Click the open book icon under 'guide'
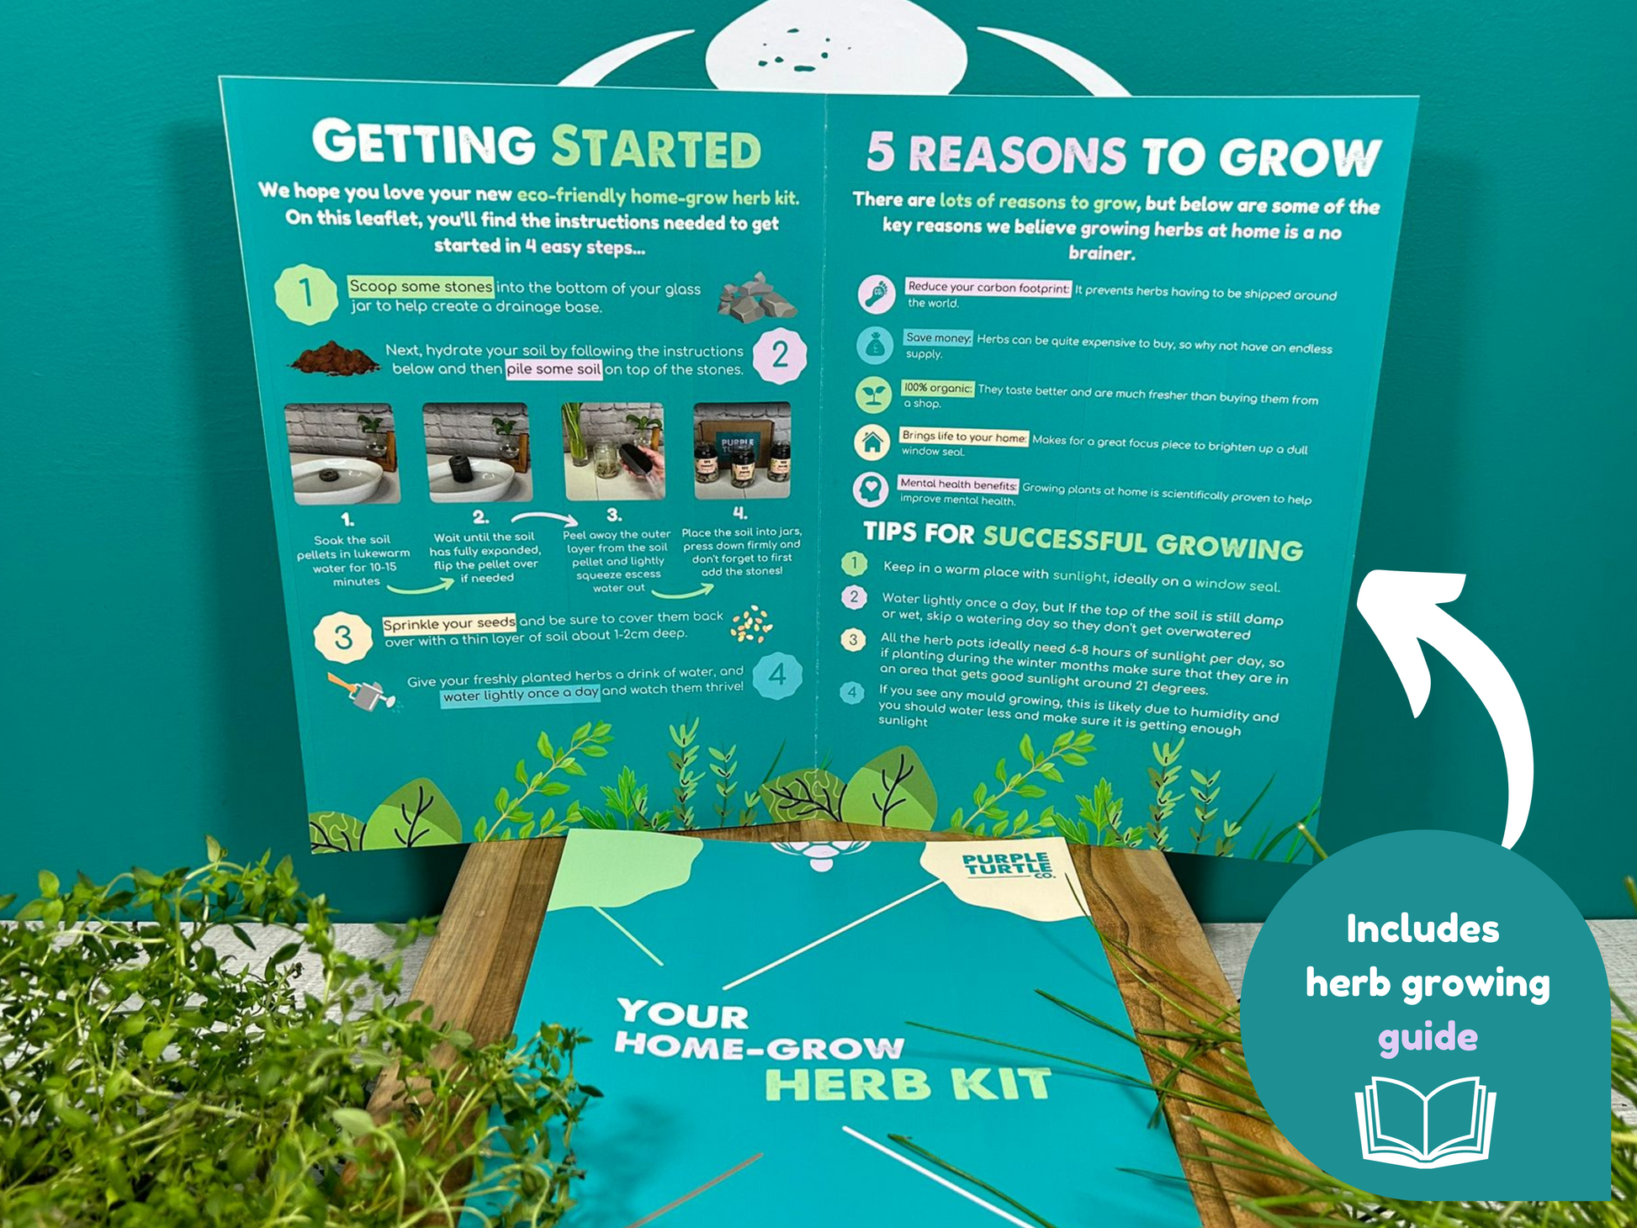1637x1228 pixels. tap(1425, 1122)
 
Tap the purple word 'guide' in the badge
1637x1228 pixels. tap(1428, 1038)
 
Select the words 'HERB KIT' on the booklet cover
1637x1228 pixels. tap(909, 1085)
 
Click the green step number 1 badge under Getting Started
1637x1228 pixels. tap(305, 294)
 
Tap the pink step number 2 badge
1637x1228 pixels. tap(779, 355)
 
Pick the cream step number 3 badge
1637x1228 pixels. tap(342, 638)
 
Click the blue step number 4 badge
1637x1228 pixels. tap(776, 675)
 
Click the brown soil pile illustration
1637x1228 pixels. tap(335, 357)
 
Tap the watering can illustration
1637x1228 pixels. tap(363, 691)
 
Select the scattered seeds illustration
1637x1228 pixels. tap(751, 625)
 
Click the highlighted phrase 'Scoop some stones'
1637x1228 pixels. tap(420, 287)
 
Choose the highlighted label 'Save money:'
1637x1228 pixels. tap(938, 337)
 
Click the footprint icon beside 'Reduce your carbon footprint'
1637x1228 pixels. tap(877, 294)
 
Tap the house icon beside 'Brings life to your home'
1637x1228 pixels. tap(872, 442)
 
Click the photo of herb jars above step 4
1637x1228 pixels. tap(742, 452)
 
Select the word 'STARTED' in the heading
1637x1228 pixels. tap(656, 148)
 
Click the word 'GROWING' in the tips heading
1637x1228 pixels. tap(1228, 547)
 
